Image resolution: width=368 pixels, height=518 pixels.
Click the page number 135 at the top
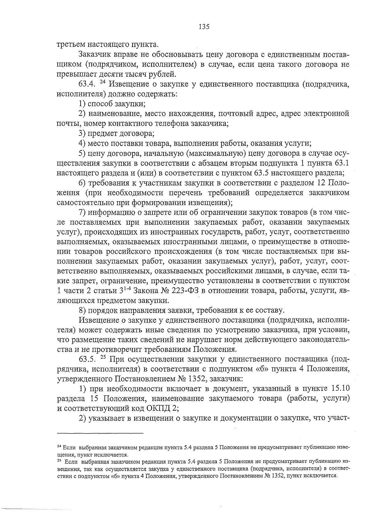(204, 27)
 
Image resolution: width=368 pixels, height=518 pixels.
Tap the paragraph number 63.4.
(88, 84)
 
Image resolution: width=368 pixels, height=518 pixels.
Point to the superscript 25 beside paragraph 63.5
(103, 358)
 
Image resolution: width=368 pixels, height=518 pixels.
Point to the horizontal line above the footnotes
(101, 433)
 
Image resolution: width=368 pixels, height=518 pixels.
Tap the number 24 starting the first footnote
(59, 446)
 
